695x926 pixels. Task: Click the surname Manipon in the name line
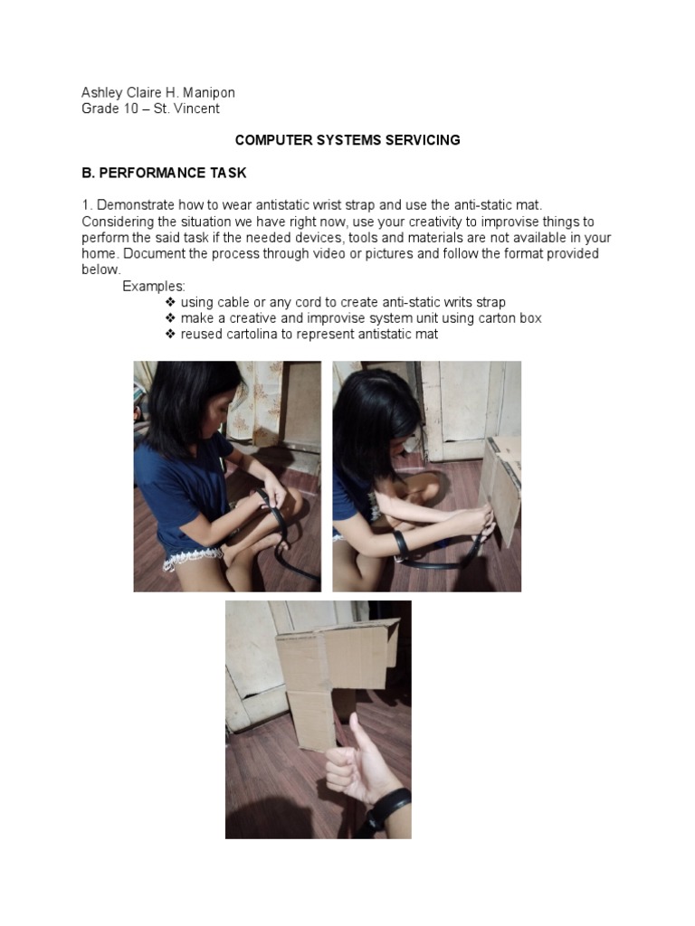click(x=209, y=93)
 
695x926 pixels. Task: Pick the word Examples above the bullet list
click(x=154, y=287)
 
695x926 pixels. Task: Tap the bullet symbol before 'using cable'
click(x=170, y=302)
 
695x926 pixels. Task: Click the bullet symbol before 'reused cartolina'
click(x=170, y=334)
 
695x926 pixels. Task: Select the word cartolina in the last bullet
click(x=253, y=335)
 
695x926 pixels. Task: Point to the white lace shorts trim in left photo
click(x=193, y=558)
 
